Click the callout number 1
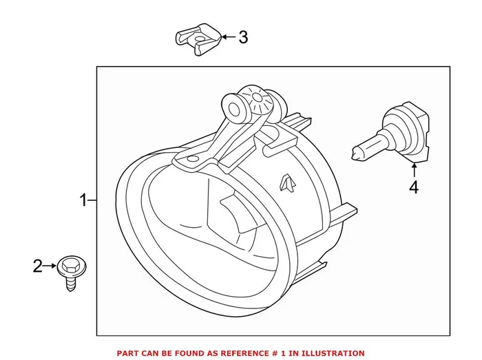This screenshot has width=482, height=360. click(x=83, y=201)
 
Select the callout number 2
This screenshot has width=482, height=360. click(x=39, y=265)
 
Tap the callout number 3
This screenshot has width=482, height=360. click(x=242, y=36)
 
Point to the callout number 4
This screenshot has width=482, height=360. click(x=413, y=187)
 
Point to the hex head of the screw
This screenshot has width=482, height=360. click(x=69, y=264)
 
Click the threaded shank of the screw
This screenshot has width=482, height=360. click(x=70, y=282)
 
